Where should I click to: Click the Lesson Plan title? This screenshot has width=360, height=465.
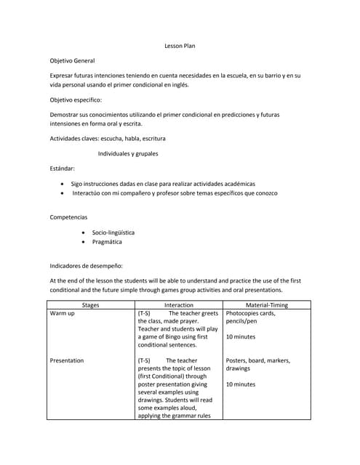coord(180,46)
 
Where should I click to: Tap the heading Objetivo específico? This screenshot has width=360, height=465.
coord(76,100)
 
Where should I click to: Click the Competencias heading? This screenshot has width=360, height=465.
coord(68,217)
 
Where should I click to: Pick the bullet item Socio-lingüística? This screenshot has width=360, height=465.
coord(113,232)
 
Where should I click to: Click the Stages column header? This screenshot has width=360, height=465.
coord(91,305)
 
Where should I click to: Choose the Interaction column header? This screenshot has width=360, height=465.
coord(179,305)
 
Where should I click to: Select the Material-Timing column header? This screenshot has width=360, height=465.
coord(266,305)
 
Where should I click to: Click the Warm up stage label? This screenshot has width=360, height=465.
coord(62,314)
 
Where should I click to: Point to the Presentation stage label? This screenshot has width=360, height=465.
coord(66,360)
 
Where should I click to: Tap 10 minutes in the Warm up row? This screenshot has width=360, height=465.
coord(241,337)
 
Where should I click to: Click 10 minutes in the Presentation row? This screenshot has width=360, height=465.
coord(241,384)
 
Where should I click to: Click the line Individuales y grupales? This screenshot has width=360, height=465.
coord(128,153)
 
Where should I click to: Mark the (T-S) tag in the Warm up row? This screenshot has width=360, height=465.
coord(144,314)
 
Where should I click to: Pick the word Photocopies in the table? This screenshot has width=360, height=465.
coord(244,314)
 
